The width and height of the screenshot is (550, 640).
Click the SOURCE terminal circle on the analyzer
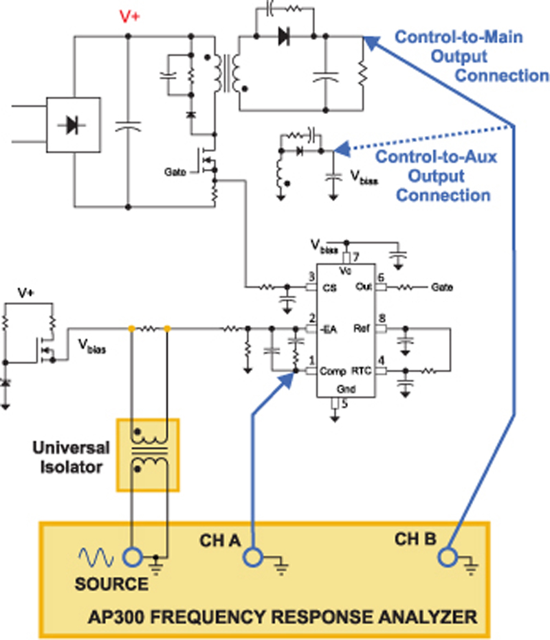(133, 557)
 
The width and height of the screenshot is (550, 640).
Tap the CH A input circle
(253, 557)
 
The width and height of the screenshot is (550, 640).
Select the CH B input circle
(448, 557)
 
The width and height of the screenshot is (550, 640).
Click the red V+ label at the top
(129, 16)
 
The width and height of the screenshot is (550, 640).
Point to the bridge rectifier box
(73, 125)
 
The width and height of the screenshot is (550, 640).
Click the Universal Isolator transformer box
(148, 455)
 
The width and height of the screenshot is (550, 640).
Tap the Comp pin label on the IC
(333, 372)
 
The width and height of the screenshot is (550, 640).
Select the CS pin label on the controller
(329, 288)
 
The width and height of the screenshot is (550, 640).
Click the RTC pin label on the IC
(362, 371)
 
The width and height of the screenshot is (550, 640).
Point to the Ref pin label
(362, 328)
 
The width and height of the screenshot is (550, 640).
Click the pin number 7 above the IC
(356, 257)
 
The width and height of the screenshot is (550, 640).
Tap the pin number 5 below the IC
(344, 404)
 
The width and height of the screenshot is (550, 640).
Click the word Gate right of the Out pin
(442, 287)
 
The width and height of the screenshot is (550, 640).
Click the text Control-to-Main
(459, 37)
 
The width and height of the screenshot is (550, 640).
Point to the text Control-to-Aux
(436, 157)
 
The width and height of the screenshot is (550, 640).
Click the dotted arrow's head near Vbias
(342, 149)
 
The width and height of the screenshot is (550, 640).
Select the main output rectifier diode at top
(284, 36)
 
